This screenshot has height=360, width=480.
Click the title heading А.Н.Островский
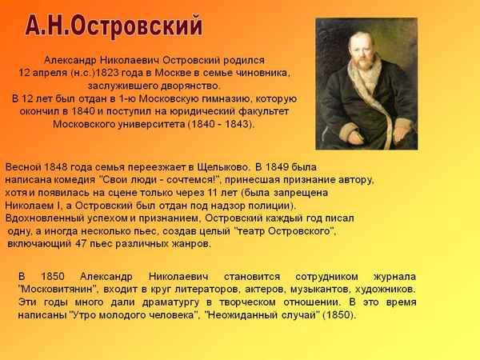(112, 26)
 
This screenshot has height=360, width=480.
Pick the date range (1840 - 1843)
(220, 125)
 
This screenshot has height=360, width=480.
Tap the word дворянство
(188, 86)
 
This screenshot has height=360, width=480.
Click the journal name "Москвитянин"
(57, 289)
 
